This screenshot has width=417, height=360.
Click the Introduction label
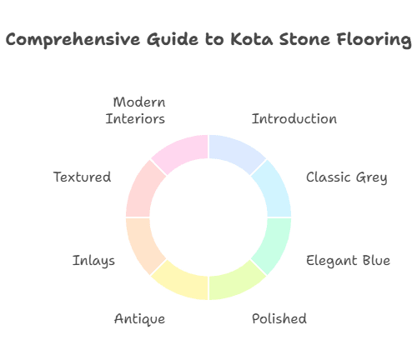(294, 118)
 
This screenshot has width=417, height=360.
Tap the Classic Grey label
(346, 177)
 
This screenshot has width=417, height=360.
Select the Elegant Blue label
(349, 260)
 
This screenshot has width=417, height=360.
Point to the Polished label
(279, 318)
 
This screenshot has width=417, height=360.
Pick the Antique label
(139, 318)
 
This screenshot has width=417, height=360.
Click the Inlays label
(94, 260)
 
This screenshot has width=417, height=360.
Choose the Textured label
(82, 177)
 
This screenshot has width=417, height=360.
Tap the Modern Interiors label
(136, 110)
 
